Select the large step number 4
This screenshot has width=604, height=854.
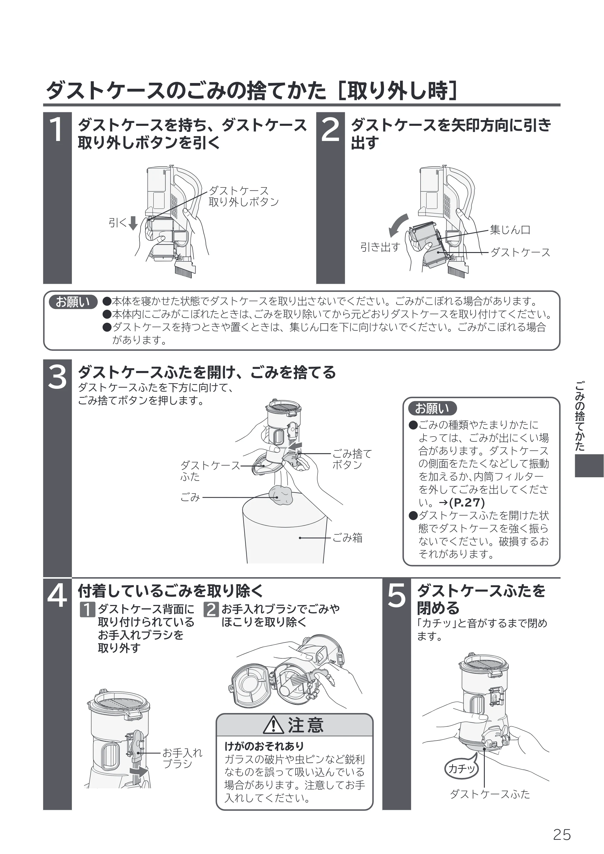point(57,595)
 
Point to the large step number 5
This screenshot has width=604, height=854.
point(396,595)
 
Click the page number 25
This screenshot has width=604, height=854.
point(562,834)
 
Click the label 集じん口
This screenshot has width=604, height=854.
point(510,229)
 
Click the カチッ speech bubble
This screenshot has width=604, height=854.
point(462,767)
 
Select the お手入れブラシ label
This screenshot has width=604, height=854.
point(182,758)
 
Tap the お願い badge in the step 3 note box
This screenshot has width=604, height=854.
point(432,408)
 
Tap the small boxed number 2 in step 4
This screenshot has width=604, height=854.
point(211,609)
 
